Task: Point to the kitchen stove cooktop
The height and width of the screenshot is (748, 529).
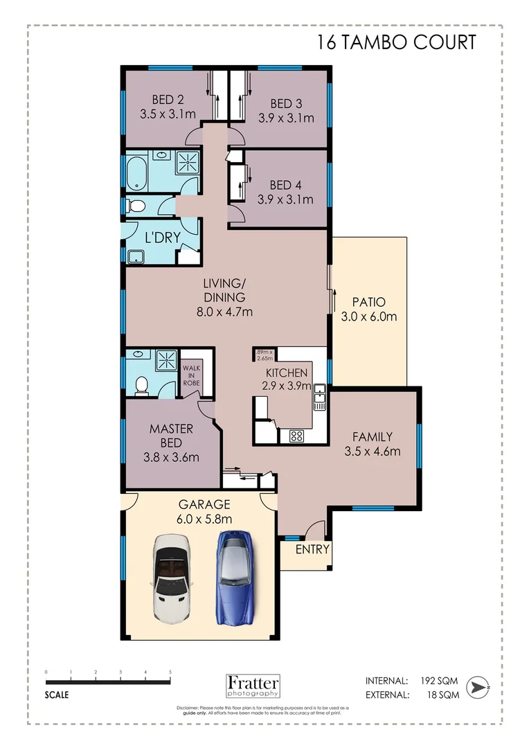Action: pos(297,436)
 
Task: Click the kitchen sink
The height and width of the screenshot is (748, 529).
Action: pos(319,398)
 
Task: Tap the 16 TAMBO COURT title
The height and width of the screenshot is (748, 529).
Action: pos(397,42)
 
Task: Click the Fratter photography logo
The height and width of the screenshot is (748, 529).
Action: pos(253,685)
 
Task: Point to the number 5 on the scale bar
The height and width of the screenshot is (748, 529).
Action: pos(170,672)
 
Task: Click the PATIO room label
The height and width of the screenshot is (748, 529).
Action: pos(368,302)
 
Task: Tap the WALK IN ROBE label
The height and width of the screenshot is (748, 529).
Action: pos(192,375)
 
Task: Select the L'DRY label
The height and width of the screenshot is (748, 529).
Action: pos(163,237)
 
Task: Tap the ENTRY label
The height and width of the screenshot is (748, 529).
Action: pos(312,550)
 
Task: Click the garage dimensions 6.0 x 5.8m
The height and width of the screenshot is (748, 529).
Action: pos(204,519)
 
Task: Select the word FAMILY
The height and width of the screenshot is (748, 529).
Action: pos(373,437)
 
